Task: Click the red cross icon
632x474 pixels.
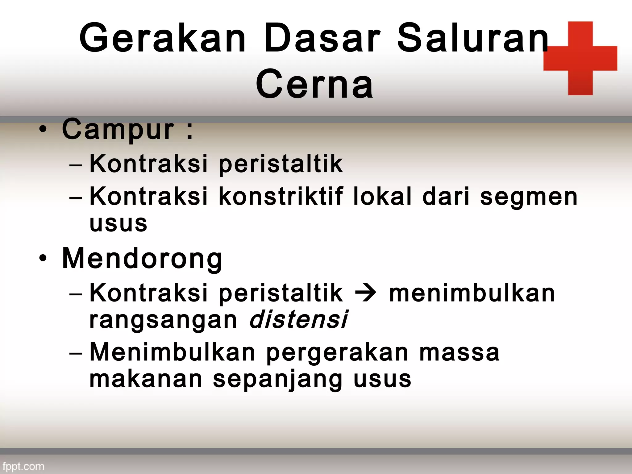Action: click(580, 58)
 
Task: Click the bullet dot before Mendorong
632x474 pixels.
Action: click(43, 259)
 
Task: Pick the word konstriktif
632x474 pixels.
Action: click(281, 197)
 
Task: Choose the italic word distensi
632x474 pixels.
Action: click(298, 320)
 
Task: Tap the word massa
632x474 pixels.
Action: click(459, 353)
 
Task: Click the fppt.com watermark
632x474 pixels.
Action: click(23, 466)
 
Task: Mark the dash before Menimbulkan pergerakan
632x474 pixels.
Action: click(76, 353)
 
